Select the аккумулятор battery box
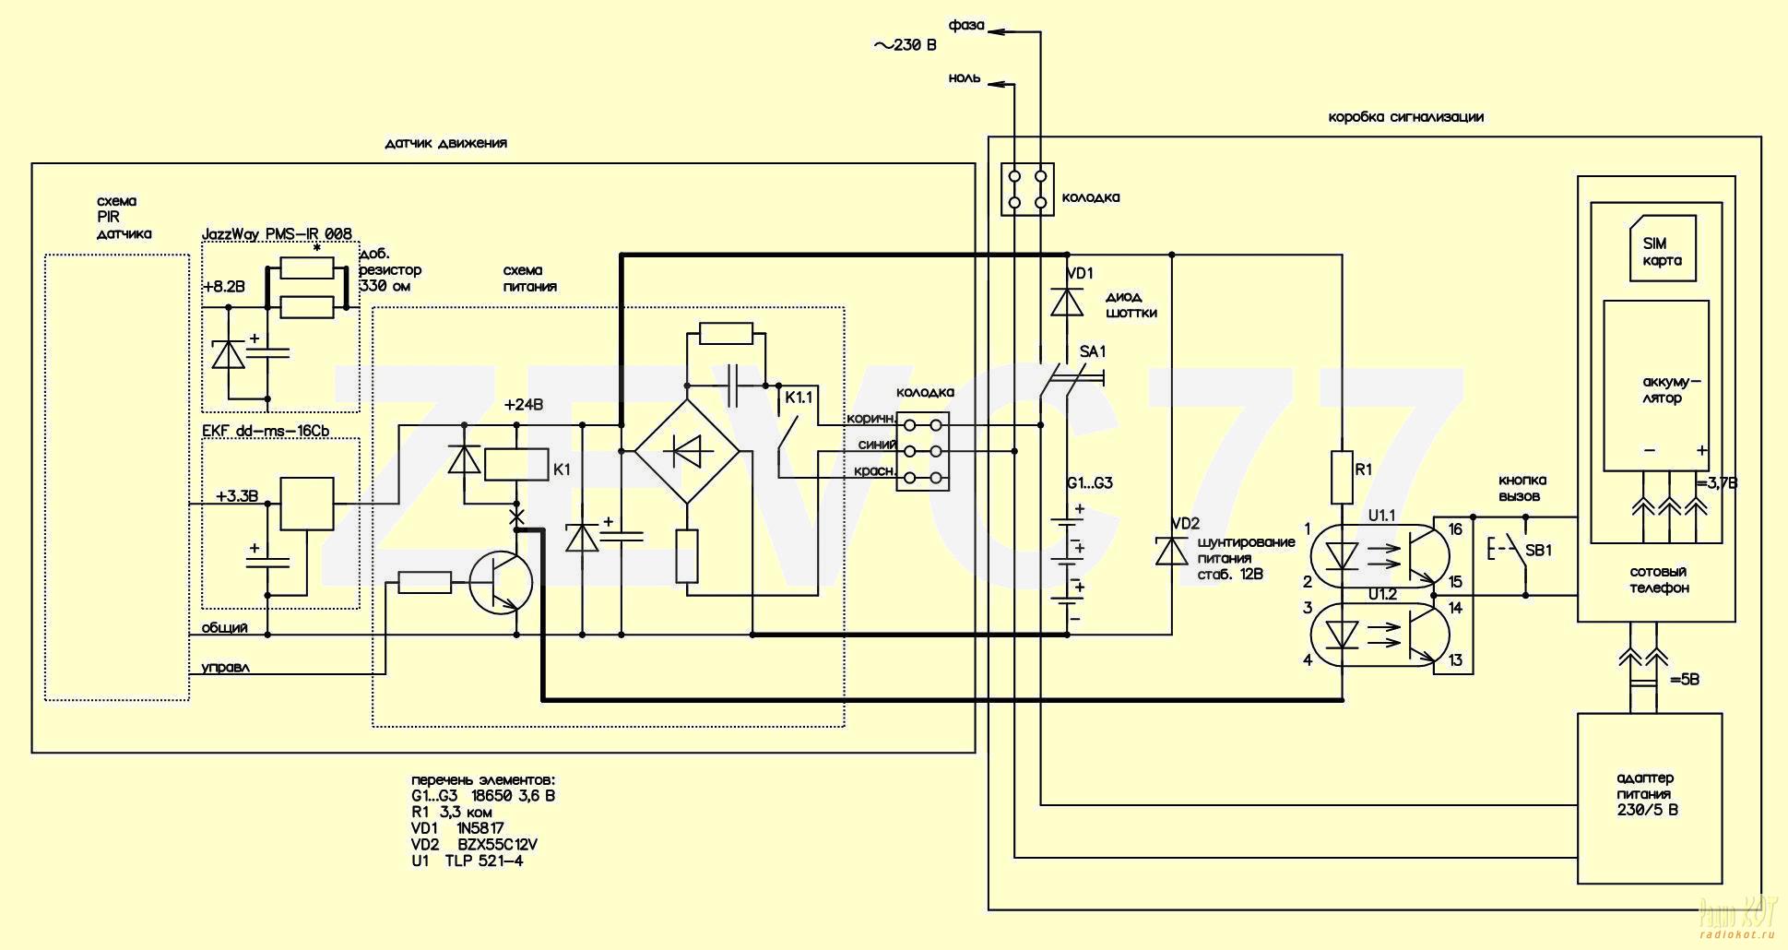click(1656, 386)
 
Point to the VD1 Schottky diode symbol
click(1068, 302)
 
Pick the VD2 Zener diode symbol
click(1172, 551)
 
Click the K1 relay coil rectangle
click(516, 464)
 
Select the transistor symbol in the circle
click(501, 583)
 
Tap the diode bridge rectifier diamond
click(687, 451)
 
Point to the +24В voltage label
click(524, 405)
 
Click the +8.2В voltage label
click(225, 287)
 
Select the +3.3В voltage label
click(237, 496)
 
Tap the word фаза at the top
click(966, 25)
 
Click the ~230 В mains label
click(905, 44)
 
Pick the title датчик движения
click(446, 143)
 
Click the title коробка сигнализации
click(1406, 117)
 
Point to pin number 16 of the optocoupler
click(1455, 529)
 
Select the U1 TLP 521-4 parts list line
click(468, 861)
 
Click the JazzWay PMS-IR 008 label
click(277, 234)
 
